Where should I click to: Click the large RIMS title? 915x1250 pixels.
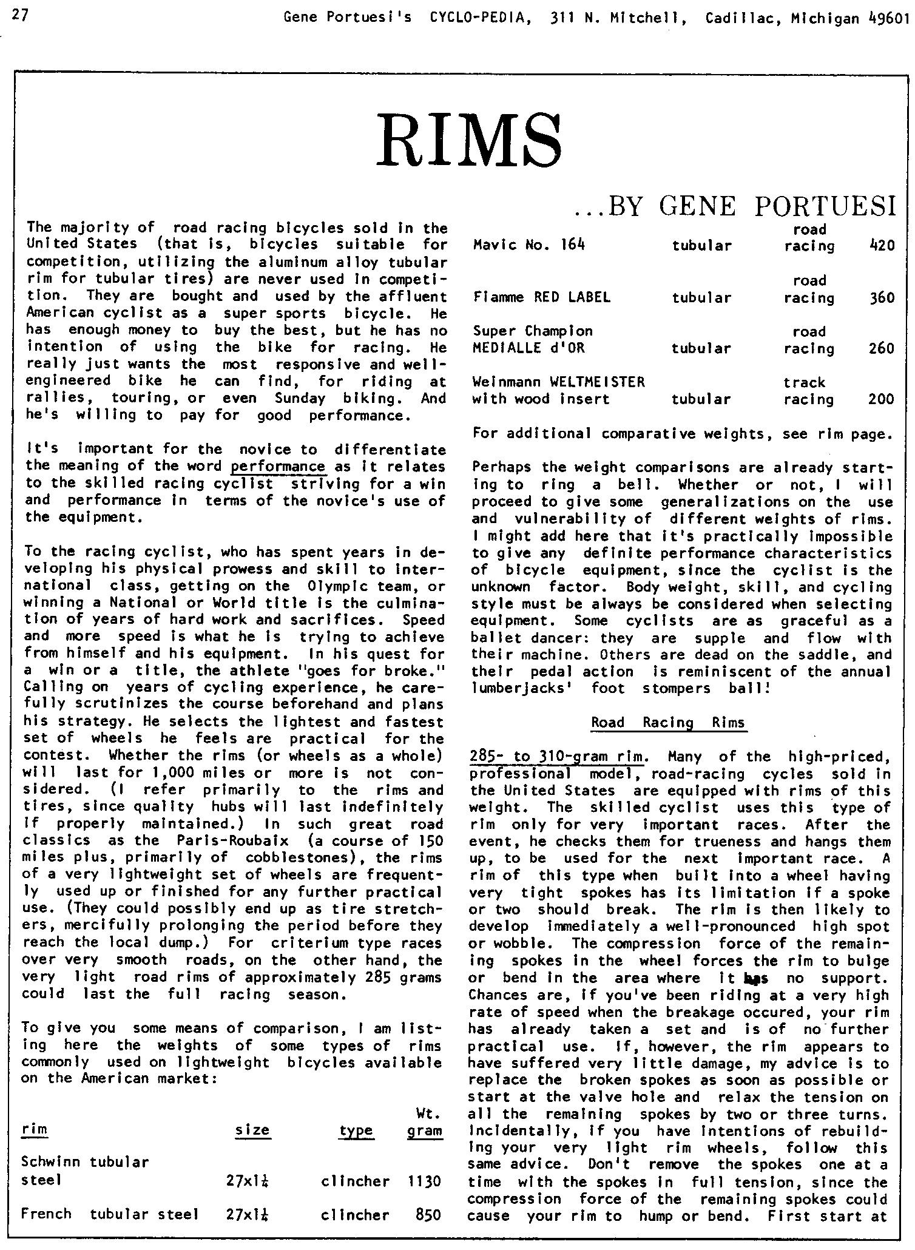coord(468,143)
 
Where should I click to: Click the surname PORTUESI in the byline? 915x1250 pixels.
coord(826,208)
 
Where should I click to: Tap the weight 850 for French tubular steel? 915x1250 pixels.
coord(428,1215)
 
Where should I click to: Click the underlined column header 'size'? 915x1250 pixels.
coord(252,1130)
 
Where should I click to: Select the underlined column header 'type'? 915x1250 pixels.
coord(356,1130)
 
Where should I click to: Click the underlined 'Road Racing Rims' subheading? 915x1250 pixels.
coord(668,723)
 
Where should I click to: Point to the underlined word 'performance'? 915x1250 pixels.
coord(279,467)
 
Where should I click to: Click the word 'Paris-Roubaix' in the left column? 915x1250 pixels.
coord(224,841)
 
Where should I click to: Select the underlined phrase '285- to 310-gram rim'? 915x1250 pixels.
coord(556,757)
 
